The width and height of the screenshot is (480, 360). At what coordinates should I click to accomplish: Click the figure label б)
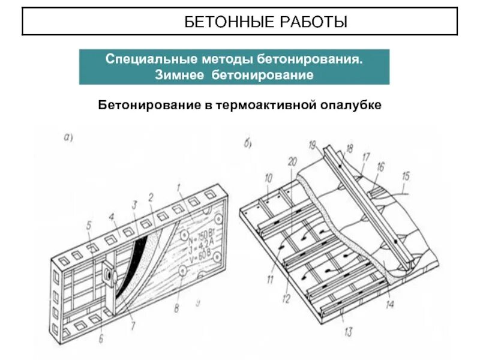coord(247,143)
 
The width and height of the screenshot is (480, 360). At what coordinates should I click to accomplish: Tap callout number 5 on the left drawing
coord(88,226)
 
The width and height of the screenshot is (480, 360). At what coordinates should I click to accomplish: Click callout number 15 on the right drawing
coord(406,176)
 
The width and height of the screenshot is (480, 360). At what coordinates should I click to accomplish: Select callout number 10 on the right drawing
coord(268,177)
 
